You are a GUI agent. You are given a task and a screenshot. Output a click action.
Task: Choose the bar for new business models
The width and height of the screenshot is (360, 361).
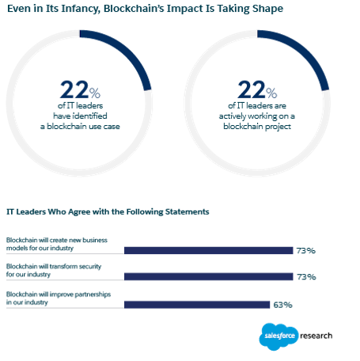click(x=209, y=251)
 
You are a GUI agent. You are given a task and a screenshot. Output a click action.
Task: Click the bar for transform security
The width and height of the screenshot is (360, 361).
click(x=209, y=277)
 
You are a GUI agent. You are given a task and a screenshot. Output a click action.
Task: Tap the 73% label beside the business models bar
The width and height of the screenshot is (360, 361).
click(x=305, y=251)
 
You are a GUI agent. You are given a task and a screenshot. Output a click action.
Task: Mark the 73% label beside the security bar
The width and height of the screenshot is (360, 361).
click(x=305, y=277)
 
